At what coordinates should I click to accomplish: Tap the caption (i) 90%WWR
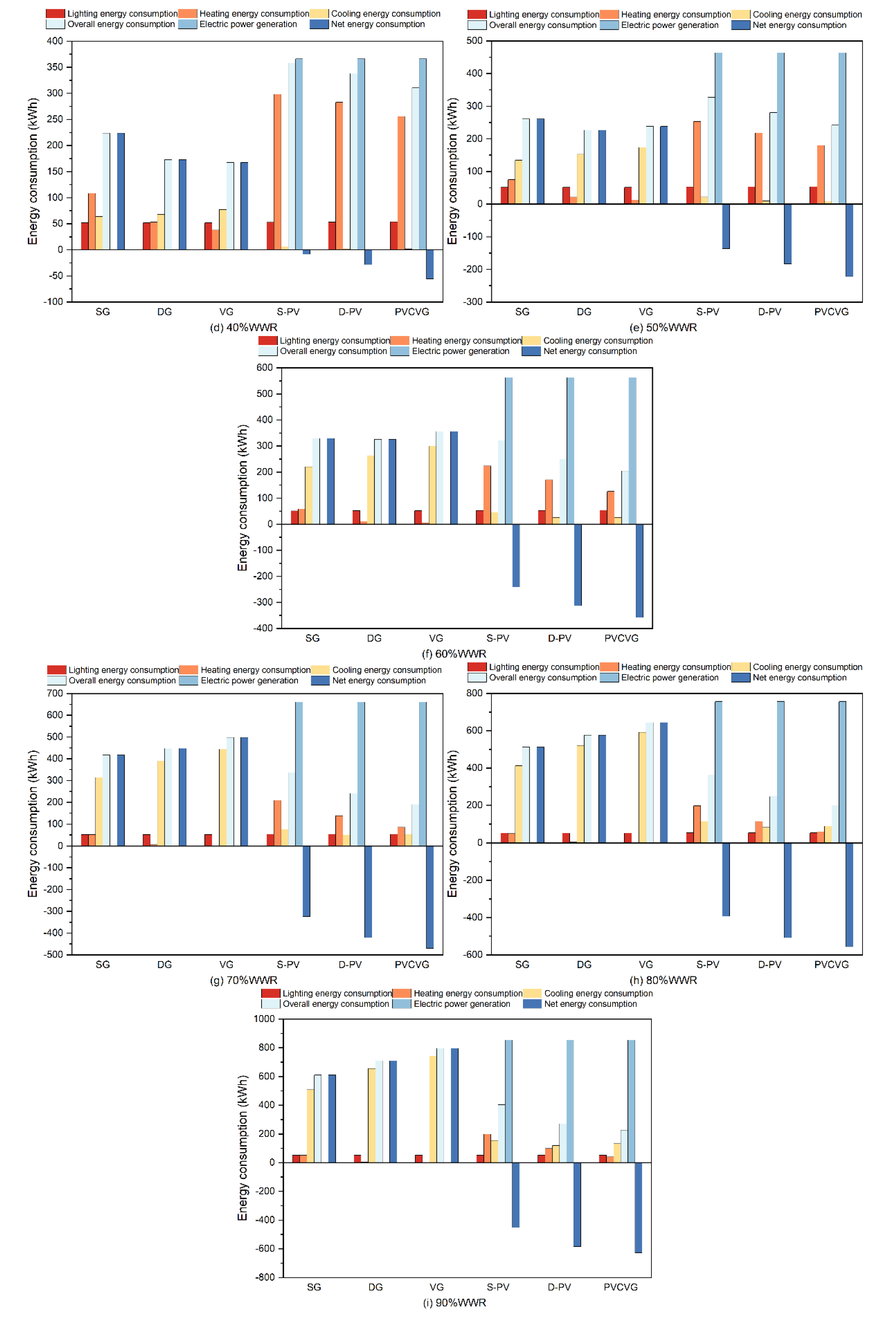[x=454, y=1303]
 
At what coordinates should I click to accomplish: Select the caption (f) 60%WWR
[x=454, y=654]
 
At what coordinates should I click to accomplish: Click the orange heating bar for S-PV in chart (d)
[x=277, y=172]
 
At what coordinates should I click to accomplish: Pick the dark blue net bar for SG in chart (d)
[x=121, y=192]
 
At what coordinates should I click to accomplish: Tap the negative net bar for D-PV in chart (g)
[x=368, y=891]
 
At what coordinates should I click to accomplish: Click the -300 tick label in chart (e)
[x=472, y=302]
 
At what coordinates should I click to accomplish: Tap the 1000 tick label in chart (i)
[x=264, y=1019]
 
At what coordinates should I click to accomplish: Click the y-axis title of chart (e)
[x=452, y=171]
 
